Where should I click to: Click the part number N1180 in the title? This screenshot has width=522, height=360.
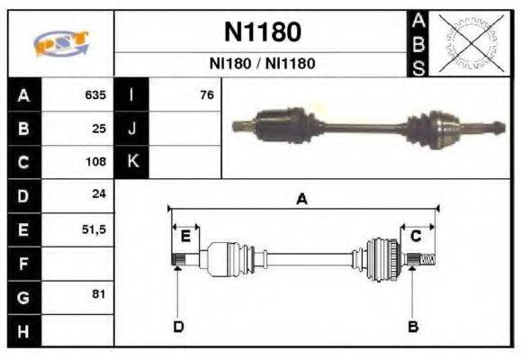(261, 32)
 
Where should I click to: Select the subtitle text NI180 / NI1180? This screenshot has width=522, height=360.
(261, 65)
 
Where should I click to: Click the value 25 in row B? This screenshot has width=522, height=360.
(99, 129)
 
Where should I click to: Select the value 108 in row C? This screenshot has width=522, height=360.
(95, 163)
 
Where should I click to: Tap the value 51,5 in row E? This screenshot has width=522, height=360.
(94, 229)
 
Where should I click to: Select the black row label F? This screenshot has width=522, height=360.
(23, 264)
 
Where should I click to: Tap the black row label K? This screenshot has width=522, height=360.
(131, 162)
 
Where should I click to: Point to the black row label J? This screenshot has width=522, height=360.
(131, 129)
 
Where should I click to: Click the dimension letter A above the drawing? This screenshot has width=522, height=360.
(301, 200)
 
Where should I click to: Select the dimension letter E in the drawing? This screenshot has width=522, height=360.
(185, 237)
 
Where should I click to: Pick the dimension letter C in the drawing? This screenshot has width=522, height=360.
(416, 237)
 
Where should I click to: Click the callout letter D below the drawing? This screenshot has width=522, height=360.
(178, 326)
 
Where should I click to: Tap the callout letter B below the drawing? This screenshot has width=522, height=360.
(413, 326)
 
